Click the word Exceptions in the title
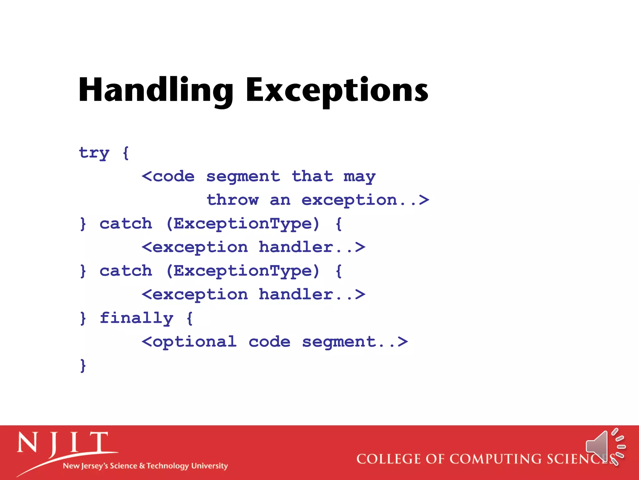tap(337, 91)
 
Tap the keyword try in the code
tap(94, 153)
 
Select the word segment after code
tap(243, 177)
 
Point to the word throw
tap(233, 200)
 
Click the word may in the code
tap(359, 177)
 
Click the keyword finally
tap(136, 319)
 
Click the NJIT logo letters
tap(62, 444)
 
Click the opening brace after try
tap(126, 153)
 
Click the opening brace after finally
tap(189, 319)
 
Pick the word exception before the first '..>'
tap(349, 200)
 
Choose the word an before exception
tap(280, 200)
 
